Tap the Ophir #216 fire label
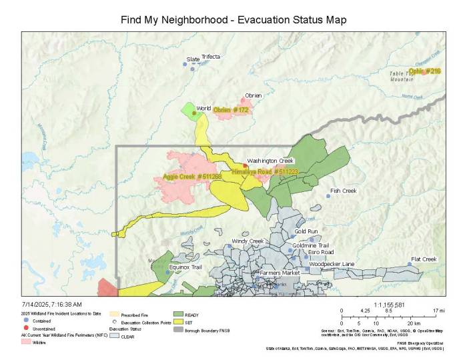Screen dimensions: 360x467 click(x=424, y=71)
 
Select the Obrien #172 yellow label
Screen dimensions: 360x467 click(x=231, y=110)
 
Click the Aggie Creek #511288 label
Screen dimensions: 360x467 click(x=193, y=177)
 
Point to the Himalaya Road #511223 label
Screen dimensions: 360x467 click(x=265, y=172)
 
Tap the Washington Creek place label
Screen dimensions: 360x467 click(x=270, y=161)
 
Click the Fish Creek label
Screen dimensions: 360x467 click(x=344, y=191)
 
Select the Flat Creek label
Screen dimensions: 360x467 click(x=424, y=259)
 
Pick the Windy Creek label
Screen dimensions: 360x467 click(x=248, y=241)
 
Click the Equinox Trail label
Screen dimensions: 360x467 click(x=185, y=267)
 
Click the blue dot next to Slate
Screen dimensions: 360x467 click(x=185, y=64)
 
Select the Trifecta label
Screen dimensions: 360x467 click(x=211, y=57)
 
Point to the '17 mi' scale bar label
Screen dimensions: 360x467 click(x=438, y=311)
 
